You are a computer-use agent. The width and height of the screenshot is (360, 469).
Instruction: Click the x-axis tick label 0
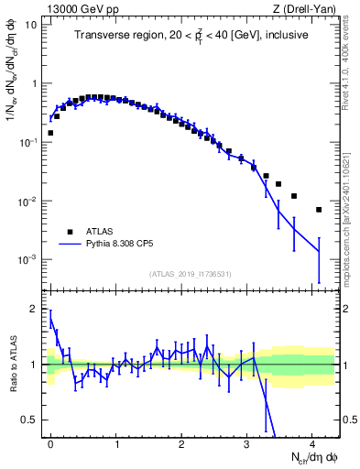pos(50,443)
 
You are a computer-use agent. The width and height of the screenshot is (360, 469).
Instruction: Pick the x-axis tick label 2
pos(181,443)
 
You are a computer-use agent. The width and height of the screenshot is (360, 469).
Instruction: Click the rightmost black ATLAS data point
pos(319,210)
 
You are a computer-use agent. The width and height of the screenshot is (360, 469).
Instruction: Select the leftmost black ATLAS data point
pos(50,133)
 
